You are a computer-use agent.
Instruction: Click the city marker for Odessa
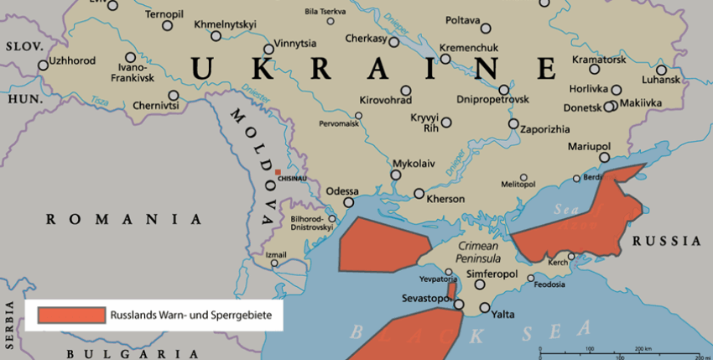[x=350, y=202]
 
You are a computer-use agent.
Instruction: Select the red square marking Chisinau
[x=278, y=170]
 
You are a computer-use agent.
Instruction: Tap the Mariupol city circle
[x=604, y=158]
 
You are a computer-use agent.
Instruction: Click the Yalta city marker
[x=484, y=308]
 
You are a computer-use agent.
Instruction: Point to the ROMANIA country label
[x=124, y=220]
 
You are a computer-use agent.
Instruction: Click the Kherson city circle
[x=419, y=194]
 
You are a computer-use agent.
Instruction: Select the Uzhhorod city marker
[x=43, y=65]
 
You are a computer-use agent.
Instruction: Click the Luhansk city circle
[x=662, y=70]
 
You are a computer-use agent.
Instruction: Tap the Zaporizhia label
[x=545, y=129]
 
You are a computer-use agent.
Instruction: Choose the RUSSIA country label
[x=667, y=241]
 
